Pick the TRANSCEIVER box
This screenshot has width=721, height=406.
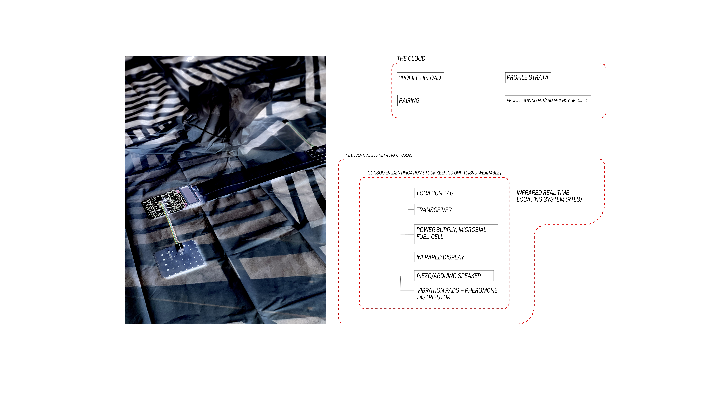(x=441, y=210)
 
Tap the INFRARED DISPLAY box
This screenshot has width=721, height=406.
(x=443, y=257)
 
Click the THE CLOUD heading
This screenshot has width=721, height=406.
(x=411, y=59)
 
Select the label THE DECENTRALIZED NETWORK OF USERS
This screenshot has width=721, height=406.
(x=378, y=155)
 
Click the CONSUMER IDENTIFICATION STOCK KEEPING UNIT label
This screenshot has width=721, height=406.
(x=434, y=173)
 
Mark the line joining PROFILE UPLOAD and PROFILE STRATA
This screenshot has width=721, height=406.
(x=474, y=78)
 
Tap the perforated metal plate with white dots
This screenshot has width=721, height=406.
(x=179, y=259)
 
